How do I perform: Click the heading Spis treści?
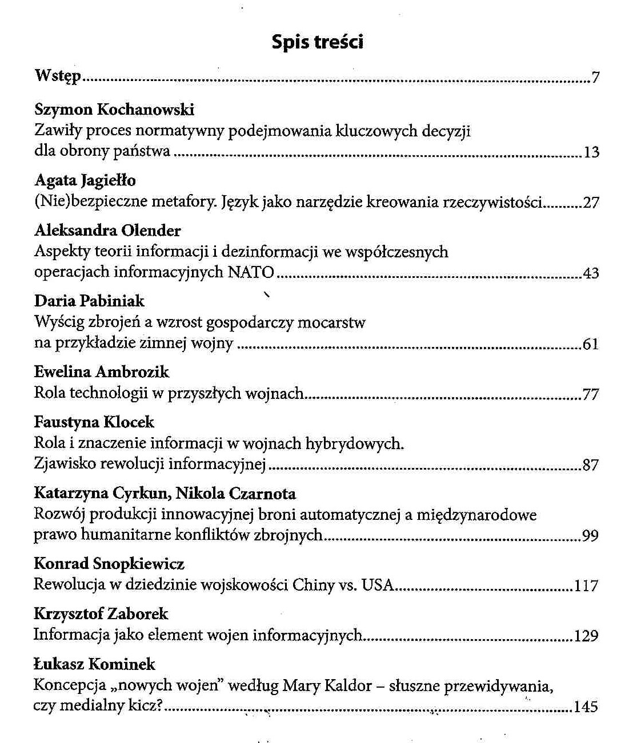[317, 42]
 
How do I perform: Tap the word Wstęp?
[58, 76]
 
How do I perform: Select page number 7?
[595, 78]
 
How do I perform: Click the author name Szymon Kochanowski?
[114, 109]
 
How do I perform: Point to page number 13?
[591, 152]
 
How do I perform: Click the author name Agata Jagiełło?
[85, 180]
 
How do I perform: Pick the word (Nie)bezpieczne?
[89, 201]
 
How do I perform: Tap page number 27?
[591, 203]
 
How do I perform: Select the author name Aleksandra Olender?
[107, 231]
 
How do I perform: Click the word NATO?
[251, 272]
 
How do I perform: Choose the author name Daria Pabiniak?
[89, 301]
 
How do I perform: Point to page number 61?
[591, 344]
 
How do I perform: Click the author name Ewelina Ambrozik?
[102, 372]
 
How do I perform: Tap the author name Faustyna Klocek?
[94, 422]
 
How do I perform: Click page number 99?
[590, 536]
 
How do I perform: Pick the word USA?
[378, 585]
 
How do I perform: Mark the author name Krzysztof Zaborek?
[101, 614]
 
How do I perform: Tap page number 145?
[586, 707]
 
